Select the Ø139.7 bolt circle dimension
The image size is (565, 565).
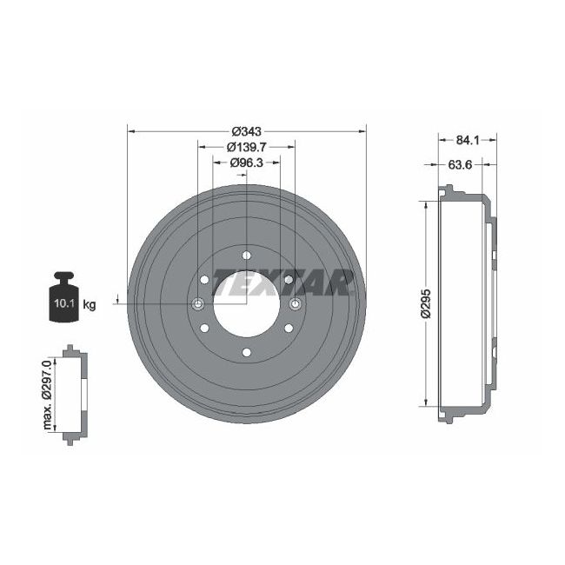[246, 147]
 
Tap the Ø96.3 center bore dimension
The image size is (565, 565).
[246, 162]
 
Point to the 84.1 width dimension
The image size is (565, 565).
[468, 138]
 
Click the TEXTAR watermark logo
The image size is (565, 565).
[282, 282]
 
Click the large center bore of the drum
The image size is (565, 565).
[246, 303]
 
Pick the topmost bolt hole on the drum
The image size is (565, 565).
[246, 255]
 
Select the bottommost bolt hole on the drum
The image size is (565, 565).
[246, 352]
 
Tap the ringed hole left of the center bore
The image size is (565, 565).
[197, 303]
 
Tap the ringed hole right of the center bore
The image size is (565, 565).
[295, 303]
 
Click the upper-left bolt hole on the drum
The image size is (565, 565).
[204, 279]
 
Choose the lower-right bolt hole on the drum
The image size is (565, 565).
[288, 328]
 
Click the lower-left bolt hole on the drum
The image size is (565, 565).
[204, 328]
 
